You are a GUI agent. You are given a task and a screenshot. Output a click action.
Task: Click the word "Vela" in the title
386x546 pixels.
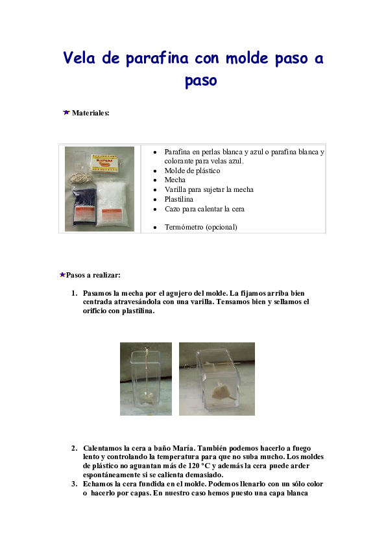pyautogui.click(x=81, y=58)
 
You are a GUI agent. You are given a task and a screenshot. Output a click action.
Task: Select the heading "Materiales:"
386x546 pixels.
pyautogui.click(x=91, y=113)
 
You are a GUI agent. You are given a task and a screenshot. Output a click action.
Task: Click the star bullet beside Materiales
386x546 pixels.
pyautogui.click(x=66, y=113)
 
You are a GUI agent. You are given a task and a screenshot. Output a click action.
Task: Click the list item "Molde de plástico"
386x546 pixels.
pyautogui.click(x=192, y=171)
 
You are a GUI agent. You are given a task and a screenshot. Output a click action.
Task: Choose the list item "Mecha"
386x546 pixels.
pyautogui.click(x=175, y=180)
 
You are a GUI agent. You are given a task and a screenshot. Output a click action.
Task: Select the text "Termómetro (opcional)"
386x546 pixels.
pyautogui.click(x=200, y=227)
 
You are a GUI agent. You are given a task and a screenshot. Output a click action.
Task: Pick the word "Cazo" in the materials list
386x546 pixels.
pyautogui.click(x=173, y=209)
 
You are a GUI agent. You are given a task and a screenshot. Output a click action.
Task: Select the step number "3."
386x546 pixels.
pyautogui.click(x=75, y=484)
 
